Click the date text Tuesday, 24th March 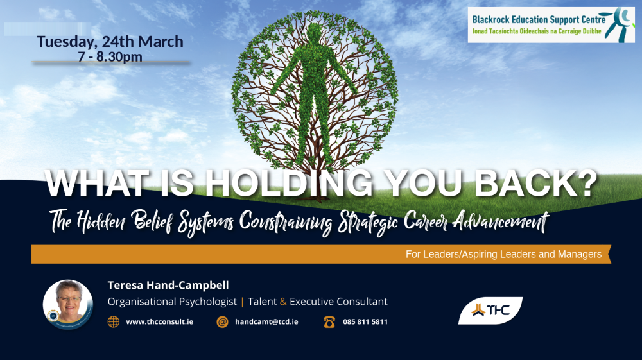[x=110, y=42]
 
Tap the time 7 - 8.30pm [x=110, y=56]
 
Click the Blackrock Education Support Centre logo [x=551, y=25]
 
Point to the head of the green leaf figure [x=315, y=33]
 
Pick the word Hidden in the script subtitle [x=105, y=222]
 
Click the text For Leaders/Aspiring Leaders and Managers [x=503, y=254]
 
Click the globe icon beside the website [x=114, y=322]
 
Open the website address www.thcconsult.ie [x=160, y=322]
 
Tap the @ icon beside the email [x=222, y=322]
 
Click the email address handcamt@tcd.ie [x=266, y=322]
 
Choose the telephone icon [x=329, y=322]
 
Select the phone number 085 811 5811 [x=365, y=322]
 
